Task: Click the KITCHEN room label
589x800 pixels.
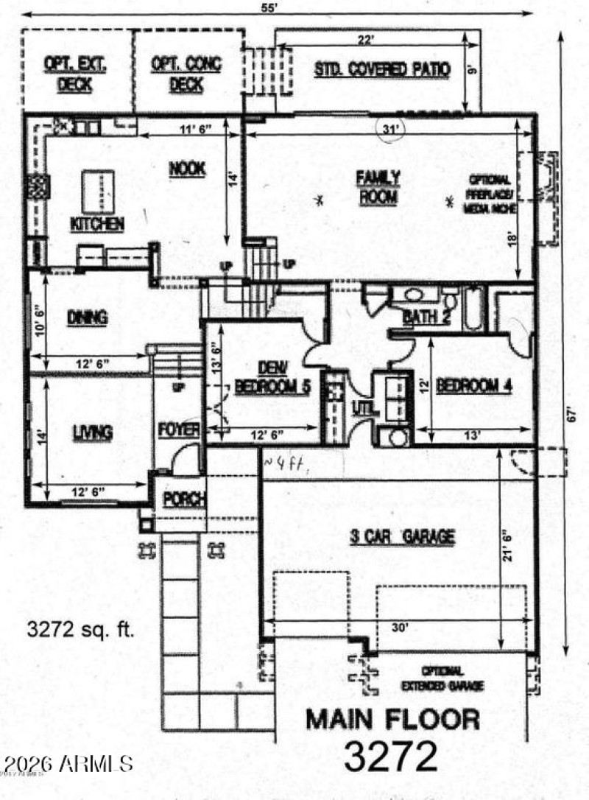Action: click(96, 224)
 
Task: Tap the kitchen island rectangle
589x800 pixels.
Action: click(97, 191)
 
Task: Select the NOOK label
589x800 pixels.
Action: click(186, 169)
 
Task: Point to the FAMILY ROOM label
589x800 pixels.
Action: click(378, 187)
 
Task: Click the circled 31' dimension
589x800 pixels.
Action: click(391, 130)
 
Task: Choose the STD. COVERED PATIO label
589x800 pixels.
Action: click(382, 70)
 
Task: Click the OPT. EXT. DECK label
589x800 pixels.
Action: click(75, 74)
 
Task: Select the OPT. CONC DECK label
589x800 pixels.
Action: click(186, 74)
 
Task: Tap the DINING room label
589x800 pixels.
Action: click(87, 318)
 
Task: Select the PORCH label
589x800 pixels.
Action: click(183, 499)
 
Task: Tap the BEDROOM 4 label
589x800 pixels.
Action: click(473, 385)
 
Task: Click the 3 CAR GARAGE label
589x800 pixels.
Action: click(401, 537)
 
